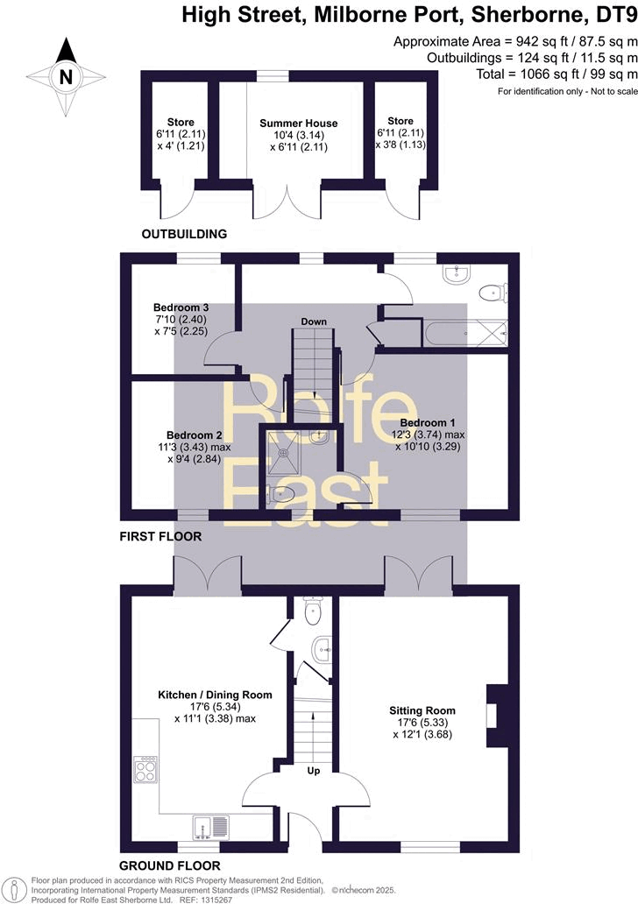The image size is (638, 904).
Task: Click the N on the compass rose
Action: tap(65, 77)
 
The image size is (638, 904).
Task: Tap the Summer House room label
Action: tap(298, 123)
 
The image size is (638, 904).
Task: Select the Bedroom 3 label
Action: tap(181, 307)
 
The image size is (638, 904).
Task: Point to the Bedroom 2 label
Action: tap(194, 434)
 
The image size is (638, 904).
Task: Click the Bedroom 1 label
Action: tap(428, 421)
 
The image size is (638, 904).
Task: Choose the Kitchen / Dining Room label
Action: tap(215, 695)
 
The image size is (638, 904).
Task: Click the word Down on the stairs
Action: tap(314, 321)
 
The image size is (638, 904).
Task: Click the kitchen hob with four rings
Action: tap(145, 769)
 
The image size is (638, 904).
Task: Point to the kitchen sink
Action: tap(209, 825)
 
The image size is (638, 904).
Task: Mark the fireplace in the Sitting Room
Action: tap(496, 715)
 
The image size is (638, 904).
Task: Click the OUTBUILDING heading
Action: tap(185, 234)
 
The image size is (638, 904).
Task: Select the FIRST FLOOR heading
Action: tap(160, 536)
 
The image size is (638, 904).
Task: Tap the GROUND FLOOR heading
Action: tap(170, 865)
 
